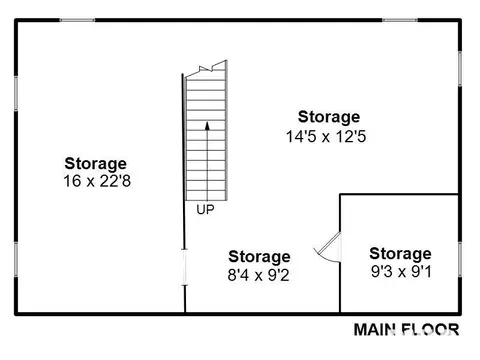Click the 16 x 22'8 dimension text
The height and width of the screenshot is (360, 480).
click(97, 181)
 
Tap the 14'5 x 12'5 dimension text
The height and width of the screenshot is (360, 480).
click(326, 136)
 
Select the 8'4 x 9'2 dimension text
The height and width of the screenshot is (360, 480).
click(258, 275)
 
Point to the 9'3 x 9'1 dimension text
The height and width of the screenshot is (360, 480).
click(401, 272)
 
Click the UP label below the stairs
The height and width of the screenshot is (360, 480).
click(205, 210)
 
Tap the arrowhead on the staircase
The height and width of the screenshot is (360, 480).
click(207, 126)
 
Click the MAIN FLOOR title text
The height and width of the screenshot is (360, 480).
click(406, 330)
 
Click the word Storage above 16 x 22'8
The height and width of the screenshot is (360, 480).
click(96, 164)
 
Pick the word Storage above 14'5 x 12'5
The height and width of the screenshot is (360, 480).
click(329, 117)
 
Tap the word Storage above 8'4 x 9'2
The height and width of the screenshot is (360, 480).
click(259, 257)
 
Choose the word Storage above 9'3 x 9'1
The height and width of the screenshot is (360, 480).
click(400, 254)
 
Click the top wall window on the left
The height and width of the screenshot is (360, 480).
click(77, 20)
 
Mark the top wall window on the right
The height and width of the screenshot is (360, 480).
click(399, 20)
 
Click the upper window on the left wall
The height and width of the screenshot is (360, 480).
click(16, 93)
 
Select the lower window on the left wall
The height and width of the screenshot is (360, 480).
click(16, 260)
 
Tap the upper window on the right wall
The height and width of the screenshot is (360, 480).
click(460, 69)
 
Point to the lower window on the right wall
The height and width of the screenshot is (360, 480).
click(460, 260)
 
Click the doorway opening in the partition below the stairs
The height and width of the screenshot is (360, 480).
click(184, 267)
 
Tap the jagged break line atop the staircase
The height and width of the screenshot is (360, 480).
click(206, 69)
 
